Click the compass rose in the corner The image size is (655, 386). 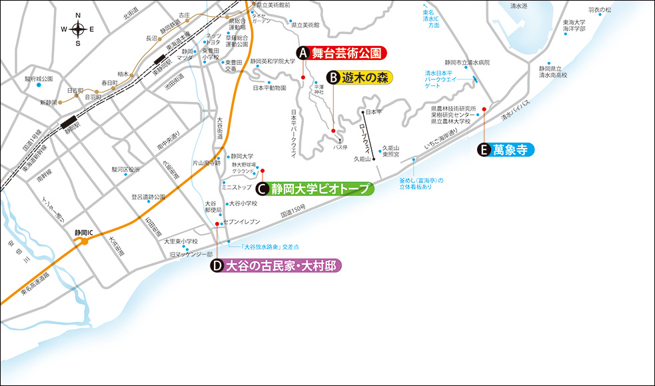pyautogui.click(x=78, y=29)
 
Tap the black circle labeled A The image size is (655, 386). pyautogui.click(x=303, y=53)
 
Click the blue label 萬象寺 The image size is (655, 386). pyautogui.click(x=513, y=150)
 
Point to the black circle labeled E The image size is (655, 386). pyautogui.click(x=484, y=150)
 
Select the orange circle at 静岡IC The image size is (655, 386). pyautogui.click(x=85, y=241)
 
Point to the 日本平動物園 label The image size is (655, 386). pyautogui.click(x=269, y=87)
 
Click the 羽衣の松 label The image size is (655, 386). pyautogui.click(x=581, y=10)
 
